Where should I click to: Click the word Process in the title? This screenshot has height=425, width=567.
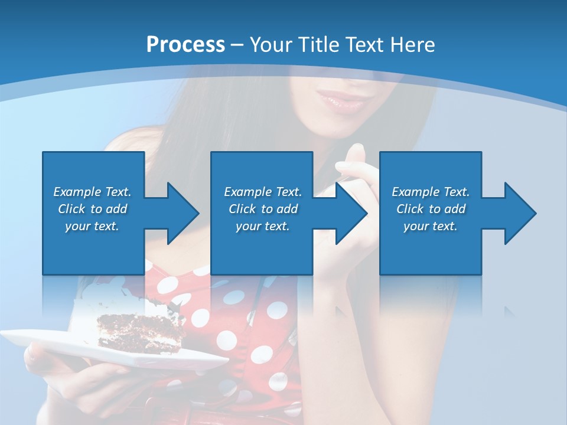(185, 45)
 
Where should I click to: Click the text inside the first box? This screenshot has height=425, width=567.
(92, 209)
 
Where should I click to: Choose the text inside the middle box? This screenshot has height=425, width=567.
(263, 209)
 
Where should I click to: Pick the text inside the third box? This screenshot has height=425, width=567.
(431, 209)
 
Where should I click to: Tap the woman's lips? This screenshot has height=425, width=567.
(342, 102)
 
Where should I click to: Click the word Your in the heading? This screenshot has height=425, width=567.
(268, 45)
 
